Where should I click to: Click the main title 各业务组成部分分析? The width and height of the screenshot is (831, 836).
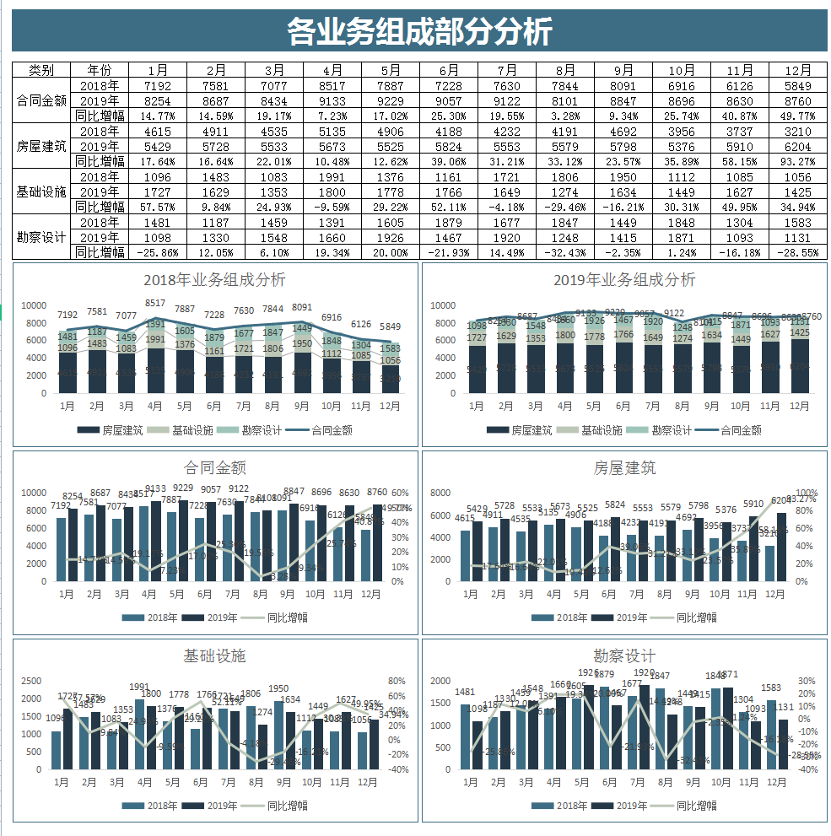(419, 31)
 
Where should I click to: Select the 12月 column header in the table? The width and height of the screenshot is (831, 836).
(797, 70)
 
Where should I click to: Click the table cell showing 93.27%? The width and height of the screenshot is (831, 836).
(797, 161)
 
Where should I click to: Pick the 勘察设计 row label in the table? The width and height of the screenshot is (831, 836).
(41, 237)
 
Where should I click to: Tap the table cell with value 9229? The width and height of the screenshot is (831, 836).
(391, 100)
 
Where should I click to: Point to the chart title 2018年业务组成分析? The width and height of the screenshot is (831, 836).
(214, 280)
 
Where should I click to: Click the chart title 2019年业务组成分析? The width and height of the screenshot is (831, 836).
(624, 280)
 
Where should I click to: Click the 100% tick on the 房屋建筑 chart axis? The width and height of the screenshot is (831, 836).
(807, 493)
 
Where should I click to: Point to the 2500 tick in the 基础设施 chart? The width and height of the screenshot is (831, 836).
(30, 681)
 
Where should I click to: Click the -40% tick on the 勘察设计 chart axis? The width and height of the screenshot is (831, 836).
(807, 769)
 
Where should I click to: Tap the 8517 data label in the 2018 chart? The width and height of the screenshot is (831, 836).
(155, 303)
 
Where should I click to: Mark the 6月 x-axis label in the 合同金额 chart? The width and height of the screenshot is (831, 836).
(205, 595)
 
